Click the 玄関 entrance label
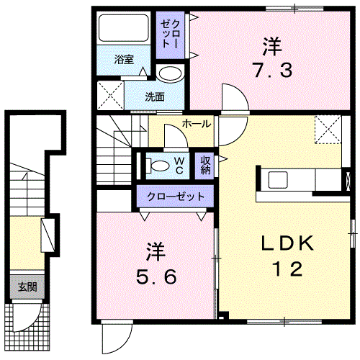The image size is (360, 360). (27, 287)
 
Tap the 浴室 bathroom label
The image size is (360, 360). (124, 59)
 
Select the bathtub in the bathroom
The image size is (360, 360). (124, 28)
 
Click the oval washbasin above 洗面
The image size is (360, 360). (171, 73)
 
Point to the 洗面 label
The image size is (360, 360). (155, 96)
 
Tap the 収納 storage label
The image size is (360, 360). (205, 165)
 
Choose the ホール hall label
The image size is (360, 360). (197, 124)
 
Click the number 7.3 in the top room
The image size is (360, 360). (273, 70)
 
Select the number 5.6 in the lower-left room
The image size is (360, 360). (156, 276)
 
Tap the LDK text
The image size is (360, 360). (287, 243)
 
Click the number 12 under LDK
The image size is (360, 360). (287, 269)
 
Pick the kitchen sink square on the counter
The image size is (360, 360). (278, 180)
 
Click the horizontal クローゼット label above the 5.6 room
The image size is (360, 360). (176, 197)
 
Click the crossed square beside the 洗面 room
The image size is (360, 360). (111, 95)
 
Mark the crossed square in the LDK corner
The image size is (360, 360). (328, 130)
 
